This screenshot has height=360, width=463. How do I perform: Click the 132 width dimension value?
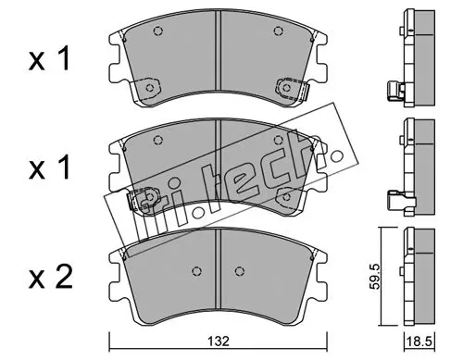[x=219, y=341]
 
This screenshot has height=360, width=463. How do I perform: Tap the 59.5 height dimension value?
[x=374, y=277]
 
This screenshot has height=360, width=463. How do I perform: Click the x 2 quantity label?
[x=51, y=277]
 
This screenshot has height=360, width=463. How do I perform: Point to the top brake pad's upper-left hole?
[x=157, y=31]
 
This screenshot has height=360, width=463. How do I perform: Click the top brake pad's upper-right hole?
[x=278, y=31]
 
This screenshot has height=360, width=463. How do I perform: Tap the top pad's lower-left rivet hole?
[x=150, y=88]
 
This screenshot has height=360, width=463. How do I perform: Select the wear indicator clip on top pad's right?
[x=305, y=92]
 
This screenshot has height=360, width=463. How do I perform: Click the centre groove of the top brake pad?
[x=219, y=51]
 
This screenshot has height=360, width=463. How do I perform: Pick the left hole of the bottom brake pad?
[x=196, y=271]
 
